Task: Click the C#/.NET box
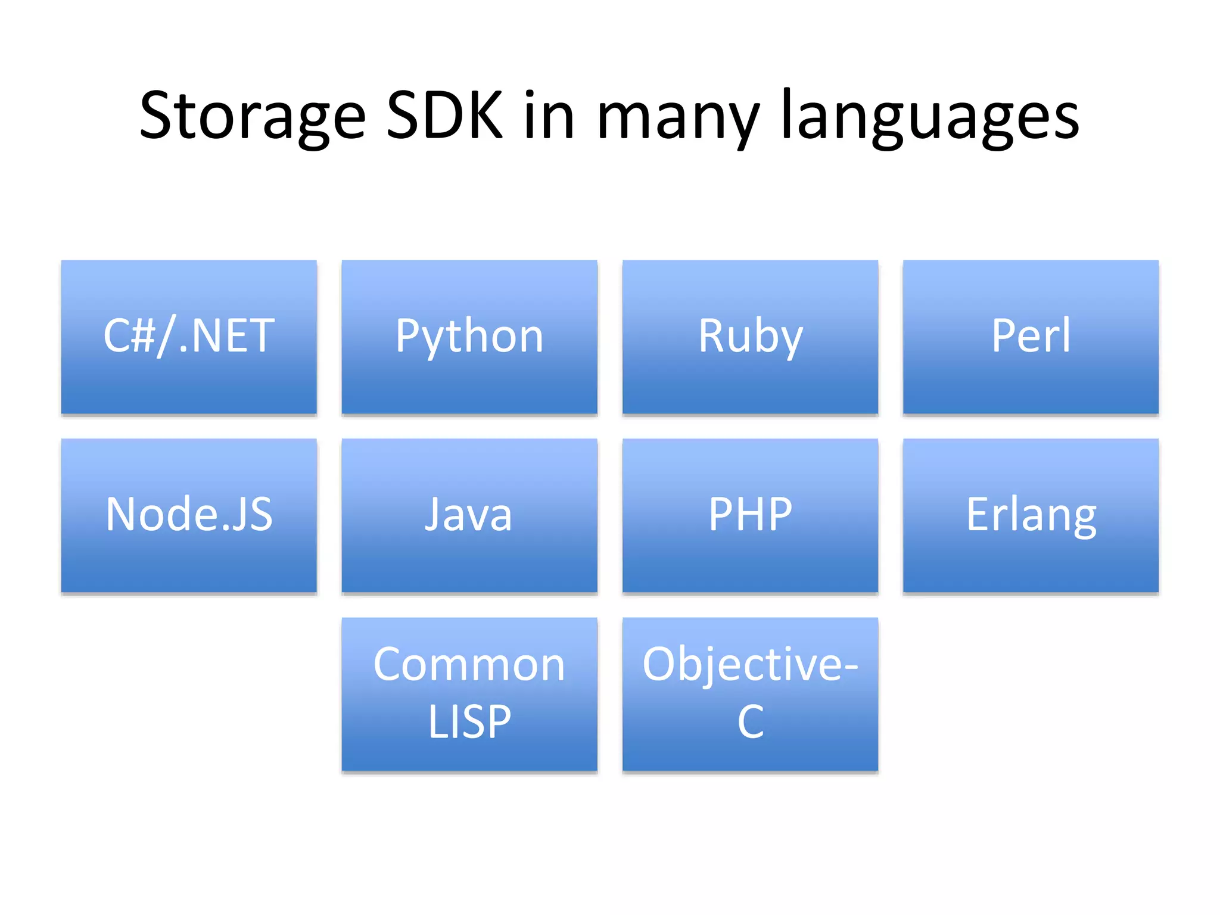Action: pos(189,337)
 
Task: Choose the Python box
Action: pos(469,337)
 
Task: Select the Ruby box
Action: pos(750,337)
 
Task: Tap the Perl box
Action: pos(1031,337)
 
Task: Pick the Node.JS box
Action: pos(189,516)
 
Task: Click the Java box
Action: pos(469,516)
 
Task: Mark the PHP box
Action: pos(750,516)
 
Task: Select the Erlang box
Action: pos(1031,516)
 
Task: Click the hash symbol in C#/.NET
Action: pos(143,335)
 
